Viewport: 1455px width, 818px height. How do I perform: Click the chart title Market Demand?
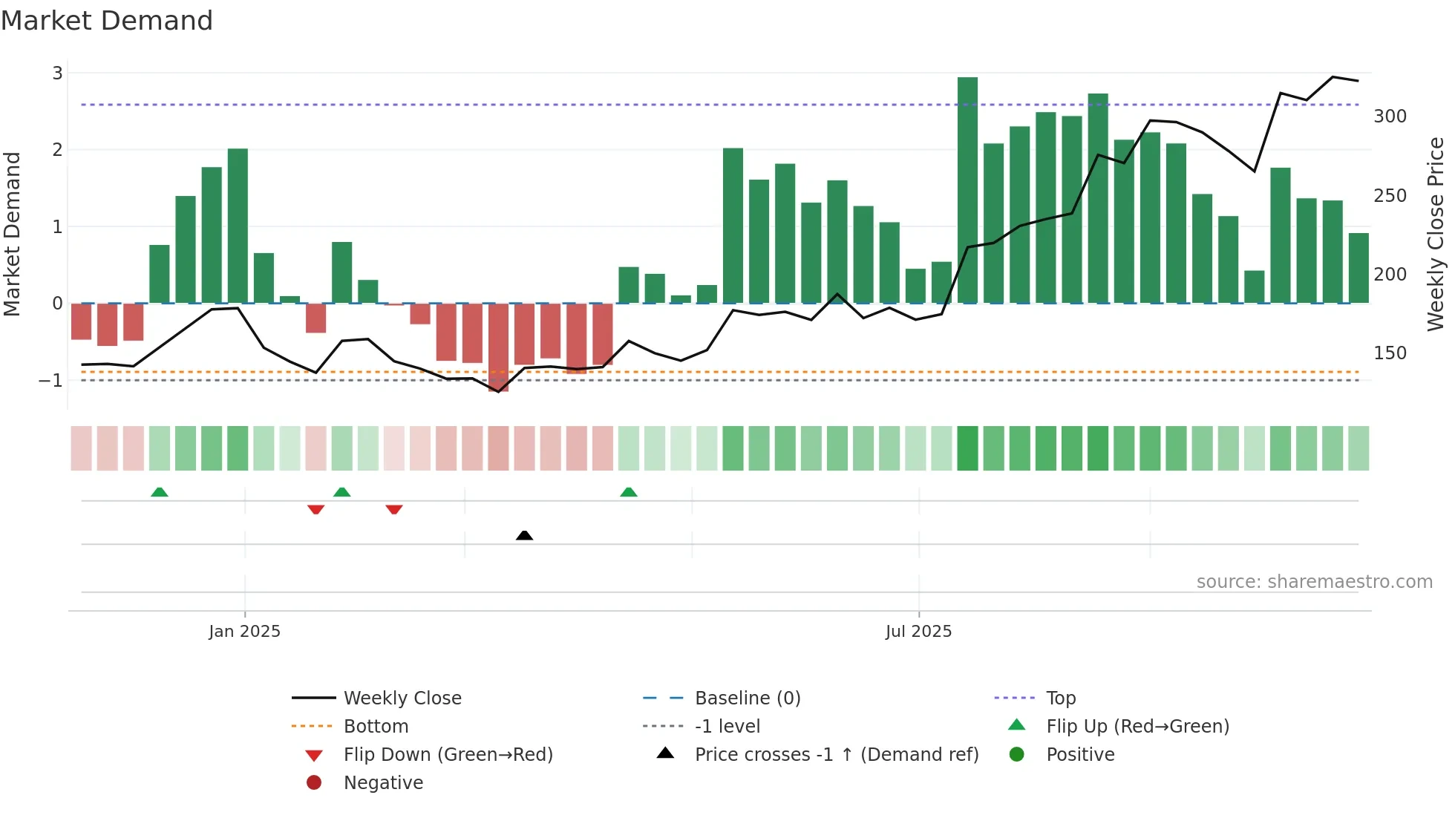[x=107, y=21]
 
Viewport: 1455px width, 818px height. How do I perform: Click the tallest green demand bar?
[x=967, y=190]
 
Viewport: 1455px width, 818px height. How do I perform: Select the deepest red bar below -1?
[x=498, y=347]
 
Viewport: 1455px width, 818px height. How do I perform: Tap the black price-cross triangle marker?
[x=524, y=535]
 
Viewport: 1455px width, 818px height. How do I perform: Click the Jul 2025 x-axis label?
[x=918, y=632]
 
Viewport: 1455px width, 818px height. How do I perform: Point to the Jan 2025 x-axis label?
[x=244, y=632]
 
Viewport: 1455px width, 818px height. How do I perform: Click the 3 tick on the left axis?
[x=57, y=73]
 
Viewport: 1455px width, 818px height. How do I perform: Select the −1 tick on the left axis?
[x=51, y=381]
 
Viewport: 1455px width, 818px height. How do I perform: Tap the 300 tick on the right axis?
[x=1390, y=117]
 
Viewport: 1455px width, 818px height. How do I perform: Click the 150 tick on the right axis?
[x=1390, y=353]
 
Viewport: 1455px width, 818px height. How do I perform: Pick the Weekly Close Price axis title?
[x=1436, y=234]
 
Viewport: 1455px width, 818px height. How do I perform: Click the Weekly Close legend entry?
[x=402, y=698]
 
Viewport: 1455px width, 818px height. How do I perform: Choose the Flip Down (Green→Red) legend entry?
[x=448, y=755]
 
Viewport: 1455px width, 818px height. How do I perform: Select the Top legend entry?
[x=1060, y=698]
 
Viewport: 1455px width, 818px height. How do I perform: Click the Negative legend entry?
[x=383, y=783]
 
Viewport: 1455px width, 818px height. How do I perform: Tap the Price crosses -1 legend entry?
[x=836, y=755]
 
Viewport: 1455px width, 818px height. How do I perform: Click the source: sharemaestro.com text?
[x=1314, y=582]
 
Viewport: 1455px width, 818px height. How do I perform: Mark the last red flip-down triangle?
[x=394, y=509]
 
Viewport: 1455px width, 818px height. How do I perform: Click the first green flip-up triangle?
[x=159, y=492]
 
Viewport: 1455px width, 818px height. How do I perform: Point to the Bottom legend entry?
[x=376, y=727]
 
